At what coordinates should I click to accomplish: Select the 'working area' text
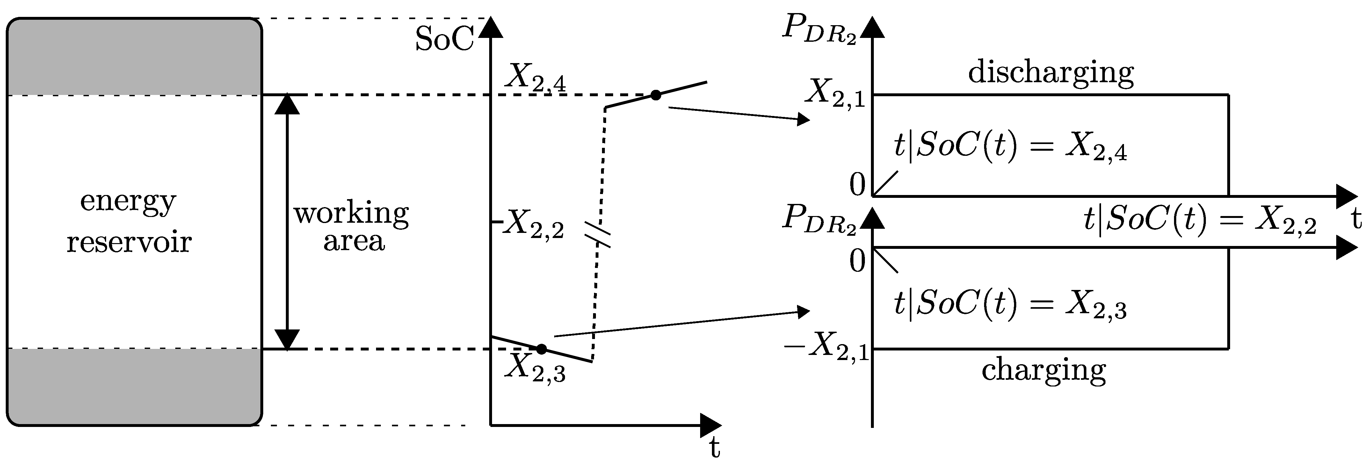click(352, 227)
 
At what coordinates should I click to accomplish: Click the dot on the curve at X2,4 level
click(656, 95)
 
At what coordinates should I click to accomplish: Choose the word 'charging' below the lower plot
click(1043, 370)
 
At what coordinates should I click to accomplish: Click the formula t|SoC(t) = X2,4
click(1010, 147)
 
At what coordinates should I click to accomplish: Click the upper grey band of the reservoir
click(134, 57)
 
